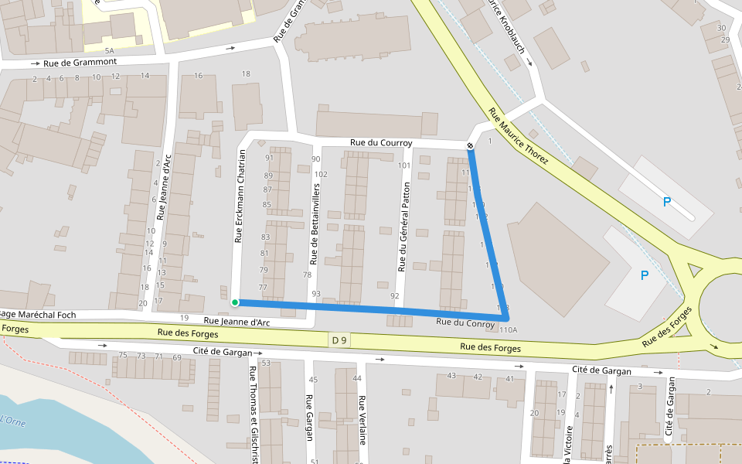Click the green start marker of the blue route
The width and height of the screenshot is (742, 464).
tap(234, 302)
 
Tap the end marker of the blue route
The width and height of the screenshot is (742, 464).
tap(470, 146)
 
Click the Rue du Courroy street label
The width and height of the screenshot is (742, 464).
tap(381, 143)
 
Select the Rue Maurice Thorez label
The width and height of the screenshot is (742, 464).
tap(518, 136)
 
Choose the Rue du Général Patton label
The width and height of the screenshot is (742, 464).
tap(402, 232)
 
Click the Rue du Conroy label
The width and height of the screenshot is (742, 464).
tap(465, 322)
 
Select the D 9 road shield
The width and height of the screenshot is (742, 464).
tap(339, 339)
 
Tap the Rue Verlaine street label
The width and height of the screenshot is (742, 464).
tap(362, 421)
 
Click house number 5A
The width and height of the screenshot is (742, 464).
tap(109, 49)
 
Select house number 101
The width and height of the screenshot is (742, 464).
tap(403, 165)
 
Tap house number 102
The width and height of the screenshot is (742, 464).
tap(321, 174)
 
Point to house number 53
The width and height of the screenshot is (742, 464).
tap(266, 363)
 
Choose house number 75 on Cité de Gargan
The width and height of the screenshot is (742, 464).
tap(122, 356)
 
